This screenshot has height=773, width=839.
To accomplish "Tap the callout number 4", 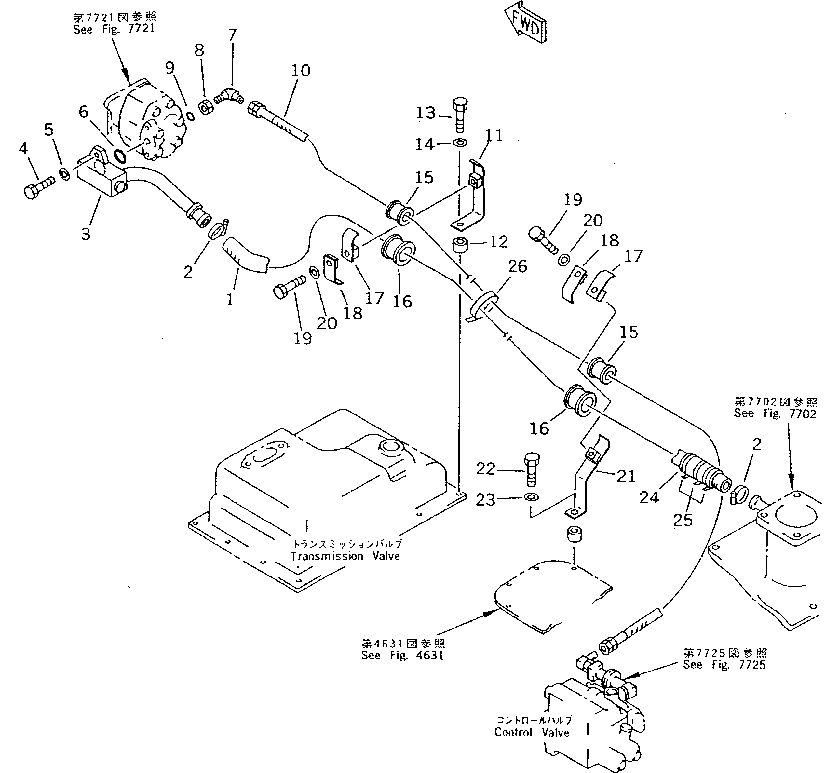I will click(x=23, y=148).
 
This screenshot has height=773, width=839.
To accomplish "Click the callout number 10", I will click(x=301, y=71).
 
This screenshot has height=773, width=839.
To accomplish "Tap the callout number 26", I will click(x=517, y=266).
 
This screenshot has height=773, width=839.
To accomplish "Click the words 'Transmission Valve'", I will click(x=345, y=556).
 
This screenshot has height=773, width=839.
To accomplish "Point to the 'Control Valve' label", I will click(x=532, y=732).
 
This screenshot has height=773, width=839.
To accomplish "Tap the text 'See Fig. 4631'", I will click(x=402, y=655).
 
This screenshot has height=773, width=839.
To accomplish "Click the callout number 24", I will click(x=649, y=497).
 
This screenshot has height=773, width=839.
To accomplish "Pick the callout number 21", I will click(x=626, y=476).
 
